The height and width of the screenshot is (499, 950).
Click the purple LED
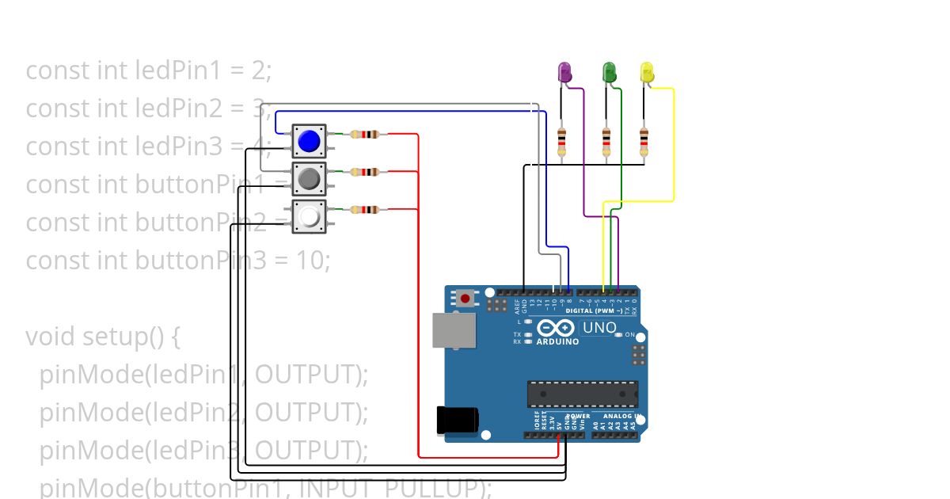click(x=565, y=72)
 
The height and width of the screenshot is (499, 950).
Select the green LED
click(x=609, y=72)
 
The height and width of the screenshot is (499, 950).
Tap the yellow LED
click(x=647, y=72)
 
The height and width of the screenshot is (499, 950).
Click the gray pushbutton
click(x=309, y=179)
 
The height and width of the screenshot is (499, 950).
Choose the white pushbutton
click(x=309, y=216)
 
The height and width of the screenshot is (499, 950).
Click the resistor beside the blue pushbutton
click(x=364, y=135)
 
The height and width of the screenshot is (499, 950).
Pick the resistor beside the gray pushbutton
click(x=364, y=172)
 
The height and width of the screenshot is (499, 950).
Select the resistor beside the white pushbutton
click(x=364, y=210)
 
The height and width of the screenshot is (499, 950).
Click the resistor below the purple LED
click(x=561, y=142)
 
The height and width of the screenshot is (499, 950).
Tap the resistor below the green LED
click(x=606, y=142)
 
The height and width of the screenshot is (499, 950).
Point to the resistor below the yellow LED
click(x=644, y=142)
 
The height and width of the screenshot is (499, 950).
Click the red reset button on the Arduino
click(x=465, y=299)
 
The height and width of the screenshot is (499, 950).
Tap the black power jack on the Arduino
click(x=458, y=420)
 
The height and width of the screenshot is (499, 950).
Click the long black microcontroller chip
click(x=583, y=394)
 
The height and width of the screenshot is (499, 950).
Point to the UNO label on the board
click(x=599, y=327)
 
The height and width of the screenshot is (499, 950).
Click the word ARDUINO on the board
click(x=558, y=341)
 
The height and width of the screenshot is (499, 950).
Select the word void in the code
click(x=51, y=337)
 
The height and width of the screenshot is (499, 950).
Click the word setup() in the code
click(x=131, y=337)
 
